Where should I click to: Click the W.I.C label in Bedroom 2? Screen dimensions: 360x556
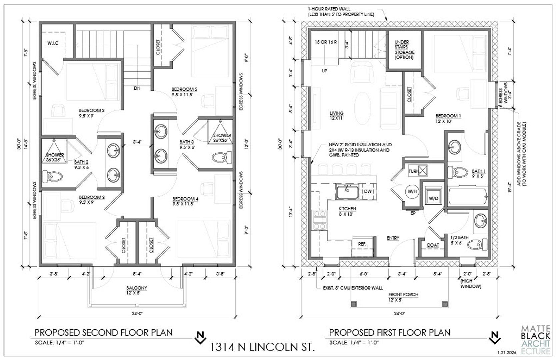click(53, 44)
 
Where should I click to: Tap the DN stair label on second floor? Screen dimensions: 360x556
click(137, 88)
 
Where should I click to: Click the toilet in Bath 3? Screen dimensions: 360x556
click(222, 156)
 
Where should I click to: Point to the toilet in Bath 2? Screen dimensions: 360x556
click(52, 176)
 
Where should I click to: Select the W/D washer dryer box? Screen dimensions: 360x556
click(433, 198)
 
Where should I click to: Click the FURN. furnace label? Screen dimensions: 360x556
click(414, 171)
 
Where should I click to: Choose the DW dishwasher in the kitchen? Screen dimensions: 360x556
click(368, 191)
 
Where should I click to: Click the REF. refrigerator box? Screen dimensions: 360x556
click(362, 244)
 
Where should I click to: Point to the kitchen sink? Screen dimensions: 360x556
click(347, 192)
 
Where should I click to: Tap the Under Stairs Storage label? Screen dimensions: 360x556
click(404, 50)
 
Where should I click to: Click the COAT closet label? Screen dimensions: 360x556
click(433, 245)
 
